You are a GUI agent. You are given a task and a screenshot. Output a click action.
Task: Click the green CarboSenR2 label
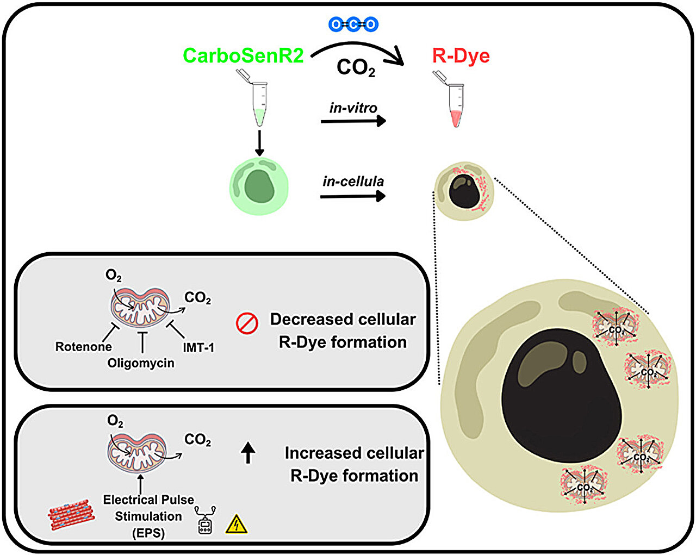243,55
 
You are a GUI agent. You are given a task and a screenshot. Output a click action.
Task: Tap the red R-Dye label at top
461,55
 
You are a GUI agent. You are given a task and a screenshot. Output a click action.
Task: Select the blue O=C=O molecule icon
353,24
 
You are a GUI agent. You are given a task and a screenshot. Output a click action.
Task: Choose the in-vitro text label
353,108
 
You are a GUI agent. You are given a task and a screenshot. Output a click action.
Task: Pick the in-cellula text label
353,182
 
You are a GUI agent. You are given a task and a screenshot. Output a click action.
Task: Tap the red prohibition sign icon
246,323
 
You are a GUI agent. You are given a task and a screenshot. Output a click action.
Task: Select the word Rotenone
84,347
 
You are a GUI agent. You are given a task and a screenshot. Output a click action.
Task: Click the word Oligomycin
141,363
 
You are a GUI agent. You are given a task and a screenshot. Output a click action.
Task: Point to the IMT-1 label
198,347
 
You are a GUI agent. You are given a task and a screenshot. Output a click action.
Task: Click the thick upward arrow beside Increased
248,452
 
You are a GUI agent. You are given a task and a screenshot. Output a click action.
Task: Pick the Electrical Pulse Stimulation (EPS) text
148,516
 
